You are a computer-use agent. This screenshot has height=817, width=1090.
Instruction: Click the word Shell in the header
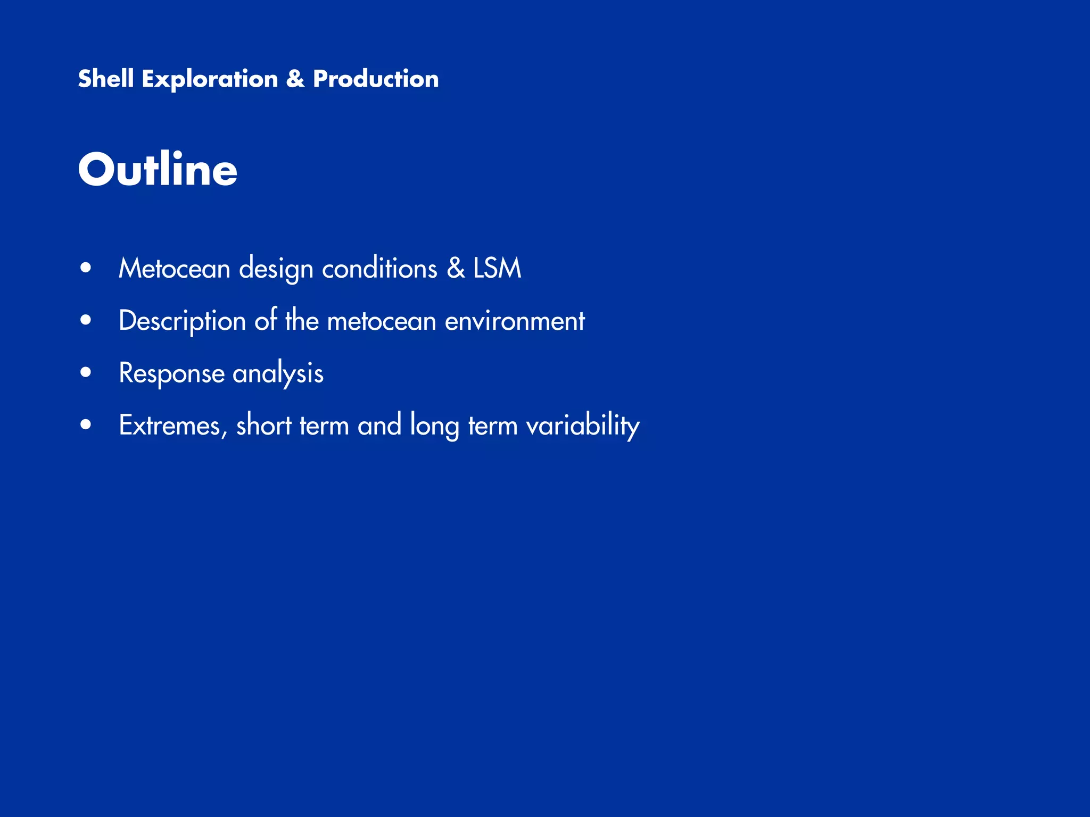coord(105,79)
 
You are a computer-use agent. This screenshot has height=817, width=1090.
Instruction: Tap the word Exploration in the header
coord(210,79)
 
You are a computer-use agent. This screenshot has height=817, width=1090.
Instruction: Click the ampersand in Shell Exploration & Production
coord(295,79)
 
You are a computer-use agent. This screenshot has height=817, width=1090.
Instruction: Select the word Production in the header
coord(376,79)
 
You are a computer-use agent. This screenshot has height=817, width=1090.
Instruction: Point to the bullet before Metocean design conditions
coord(86,268)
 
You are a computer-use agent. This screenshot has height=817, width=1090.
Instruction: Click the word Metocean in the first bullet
coord(174,268)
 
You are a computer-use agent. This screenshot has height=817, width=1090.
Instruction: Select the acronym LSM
coord(497,268)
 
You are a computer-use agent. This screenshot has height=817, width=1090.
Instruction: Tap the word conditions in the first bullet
coord(379,268)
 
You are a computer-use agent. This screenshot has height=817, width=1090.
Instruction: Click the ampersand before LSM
coord(456,268)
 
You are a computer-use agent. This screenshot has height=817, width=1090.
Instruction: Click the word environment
coord(515,321)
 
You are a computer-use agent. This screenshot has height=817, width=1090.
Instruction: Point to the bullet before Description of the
coord(86,320)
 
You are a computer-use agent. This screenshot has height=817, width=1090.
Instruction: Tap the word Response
coord(171,373)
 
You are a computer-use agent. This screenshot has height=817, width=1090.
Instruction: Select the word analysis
coord(278,373)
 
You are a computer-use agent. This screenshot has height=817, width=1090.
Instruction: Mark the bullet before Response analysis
coord(86,372)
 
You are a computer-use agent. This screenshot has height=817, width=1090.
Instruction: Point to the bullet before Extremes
coord(86,425)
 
